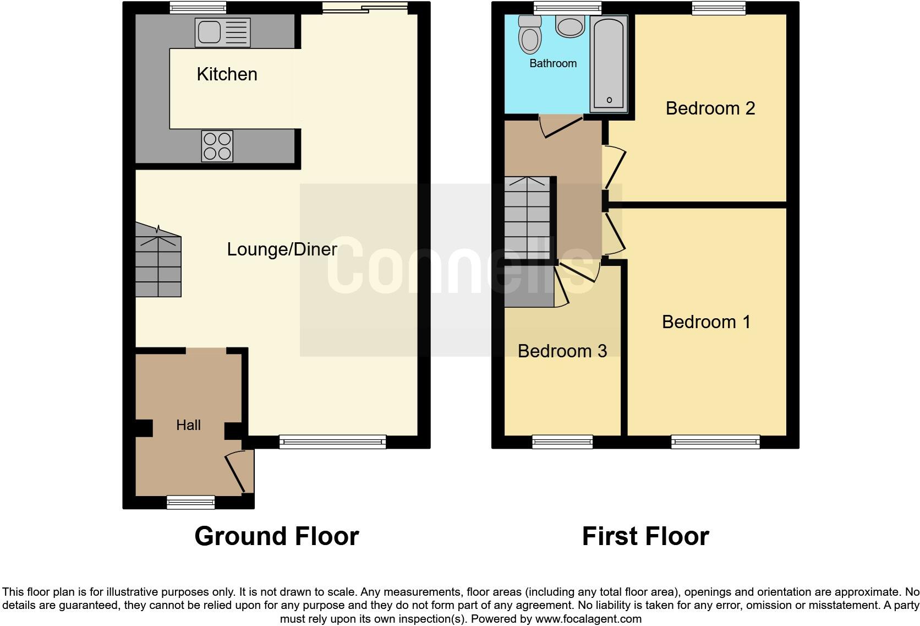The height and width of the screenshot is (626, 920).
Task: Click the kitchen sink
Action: tap(222, 32)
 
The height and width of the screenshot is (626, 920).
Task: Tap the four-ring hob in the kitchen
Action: tap(217, 146)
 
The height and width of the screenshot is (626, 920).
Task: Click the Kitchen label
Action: tap(227, 74)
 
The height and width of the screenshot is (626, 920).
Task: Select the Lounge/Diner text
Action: tap(282, 249)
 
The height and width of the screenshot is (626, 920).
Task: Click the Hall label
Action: tap(188, 425)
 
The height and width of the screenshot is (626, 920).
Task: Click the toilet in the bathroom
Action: tap(530, 34)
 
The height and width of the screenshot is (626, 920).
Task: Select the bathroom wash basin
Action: tap(569, 26)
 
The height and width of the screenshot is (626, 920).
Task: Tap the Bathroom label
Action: tap(552, 63)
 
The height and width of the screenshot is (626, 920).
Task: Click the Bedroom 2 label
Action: tap(710, 108)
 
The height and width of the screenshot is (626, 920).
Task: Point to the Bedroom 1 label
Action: tap(706, 322)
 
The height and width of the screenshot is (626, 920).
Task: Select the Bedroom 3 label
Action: tap(562, 351)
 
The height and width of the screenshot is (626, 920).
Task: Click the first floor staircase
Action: tap(527, 217)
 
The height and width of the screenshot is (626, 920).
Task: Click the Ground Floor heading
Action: tap(276, 536)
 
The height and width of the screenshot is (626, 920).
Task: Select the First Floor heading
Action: tap(645, 536)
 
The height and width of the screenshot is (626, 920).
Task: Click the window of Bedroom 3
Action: tap(562, 442)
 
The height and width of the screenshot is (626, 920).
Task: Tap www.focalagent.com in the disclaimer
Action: tap(588, 619)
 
